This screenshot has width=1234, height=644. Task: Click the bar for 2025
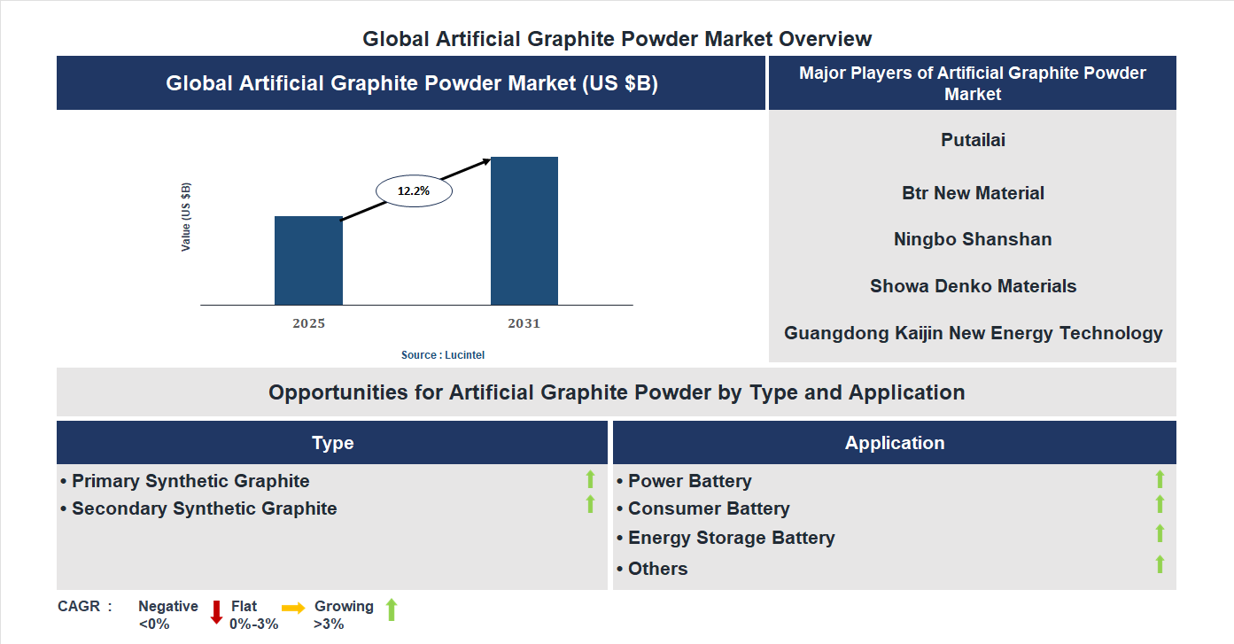pos(308,260)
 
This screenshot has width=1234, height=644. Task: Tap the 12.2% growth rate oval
pos(414,190)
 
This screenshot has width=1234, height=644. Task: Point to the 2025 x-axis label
pos(308,323)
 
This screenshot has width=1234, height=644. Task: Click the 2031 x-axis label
pos(524,323)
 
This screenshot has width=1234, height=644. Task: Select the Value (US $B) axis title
pos(186,217)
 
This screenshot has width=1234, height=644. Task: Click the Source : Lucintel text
pos(443,355)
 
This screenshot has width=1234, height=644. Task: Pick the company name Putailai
pos(973,140)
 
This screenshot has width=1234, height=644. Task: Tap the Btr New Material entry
pos(973,193)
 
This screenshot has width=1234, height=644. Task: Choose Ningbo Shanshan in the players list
pos(973,239)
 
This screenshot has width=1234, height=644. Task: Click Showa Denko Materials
pos(973,286)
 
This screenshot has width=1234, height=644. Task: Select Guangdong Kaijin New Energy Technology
pos(973,333)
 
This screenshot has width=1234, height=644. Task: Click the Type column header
pos(332,443)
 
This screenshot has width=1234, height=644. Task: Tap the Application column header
pos(894,443)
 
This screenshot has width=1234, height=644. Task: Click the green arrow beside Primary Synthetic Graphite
pos(590,479)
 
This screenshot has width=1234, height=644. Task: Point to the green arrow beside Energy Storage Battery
pos(1160,533)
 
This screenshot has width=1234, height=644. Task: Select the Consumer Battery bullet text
pos(708,508)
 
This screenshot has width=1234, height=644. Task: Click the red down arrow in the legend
pos(216,612)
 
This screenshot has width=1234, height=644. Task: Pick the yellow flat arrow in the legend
pos(293,608)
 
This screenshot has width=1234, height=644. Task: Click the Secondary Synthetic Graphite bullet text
pos(204,508)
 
